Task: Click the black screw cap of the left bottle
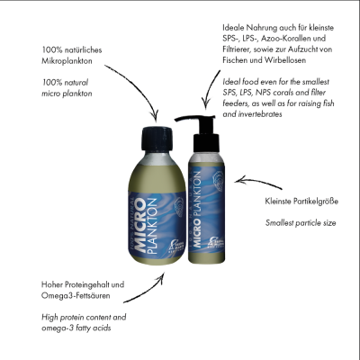click(x=157, y=139)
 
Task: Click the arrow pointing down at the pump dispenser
click(x=209, y=87)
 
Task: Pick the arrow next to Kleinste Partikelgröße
click(x=258, y=182)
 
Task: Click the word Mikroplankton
click(x=67, y=61)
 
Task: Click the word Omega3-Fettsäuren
click(x=76, y=295)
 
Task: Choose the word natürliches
click(x=83, y=49)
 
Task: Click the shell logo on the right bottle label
click(x=218, y=179)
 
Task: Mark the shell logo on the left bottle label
click(x=180, y=207)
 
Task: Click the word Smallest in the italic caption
click(x=279, y=223)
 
